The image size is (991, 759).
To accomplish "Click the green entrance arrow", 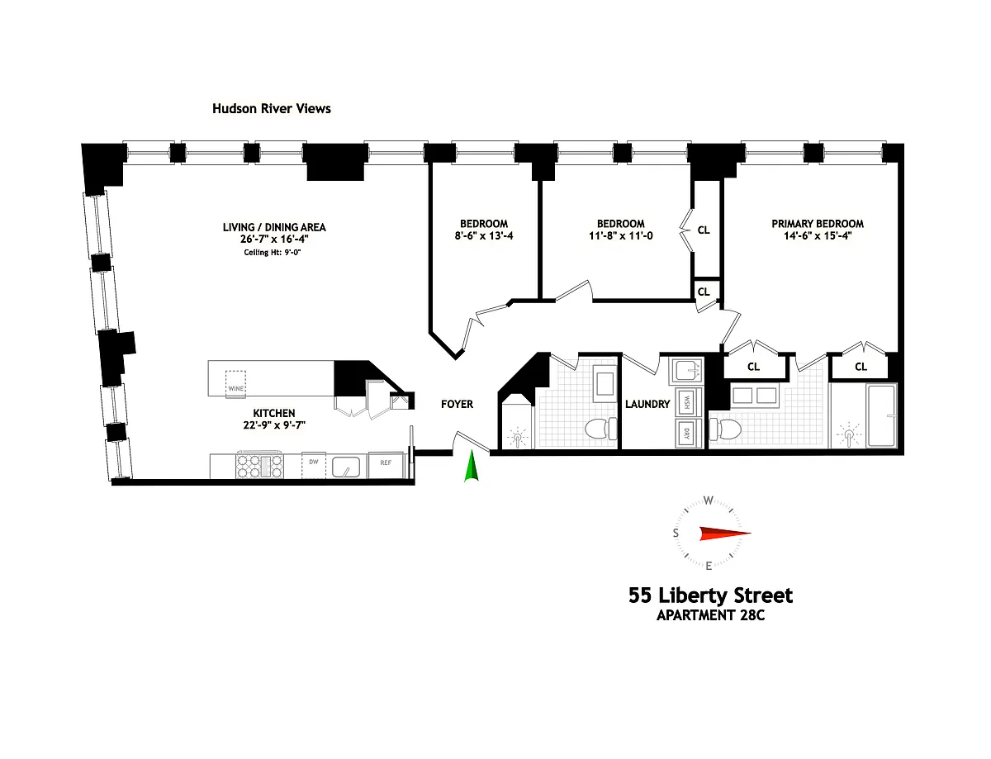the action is pyautogui.click(x=471, y=466).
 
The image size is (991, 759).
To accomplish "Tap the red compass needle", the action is pyautogui.click(x=725, y=534).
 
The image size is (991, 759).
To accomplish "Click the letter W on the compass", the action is pyautogui.click(x=709, y=500).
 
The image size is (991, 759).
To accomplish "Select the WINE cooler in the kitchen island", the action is pyautogui.click(x=236, y=383).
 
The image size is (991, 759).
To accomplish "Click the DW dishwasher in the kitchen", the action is pyautogui.click(x=314, y=465).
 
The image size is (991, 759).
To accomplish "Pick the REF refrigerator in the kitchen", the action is pyautogui.click(x=386, y=465).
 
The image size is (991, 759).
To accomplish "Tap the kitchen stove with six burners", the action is pyautogui.click(x=259, y=465).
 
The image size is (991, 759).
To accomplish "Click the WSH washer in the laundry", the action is pyautogui.click(x=687, y=401).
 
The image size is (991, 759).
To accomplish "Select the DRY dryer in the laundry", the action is pyautogui.click(x=687, y=434).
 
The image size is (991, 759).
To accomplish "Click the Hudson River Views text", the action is pyautogui.click(x=272, y=108).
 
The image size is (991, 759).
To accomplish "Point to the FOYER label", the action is pyautogui.click(x=457, y=404).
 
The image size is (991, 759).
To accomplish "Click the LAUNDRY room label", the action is pyautogui.click(x=647, y=404).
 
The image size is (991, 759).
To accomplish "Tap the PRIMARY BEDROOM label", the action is pyautogui.click(x=818, y=224).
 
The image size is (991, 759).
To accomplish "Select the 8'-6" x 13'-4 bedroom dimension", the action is pyautogui.click(x=484, y=235).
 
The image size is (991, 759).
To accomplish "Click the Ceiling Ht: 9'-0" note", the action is pyautogui.click(x=273, y=252).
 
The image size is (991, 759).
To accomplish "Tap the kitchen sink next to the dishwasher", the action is pyautogui.click(x=346, y=467).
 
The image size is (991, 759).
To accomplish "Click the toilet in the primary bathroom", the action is pyautogui.click(x=725, y=429).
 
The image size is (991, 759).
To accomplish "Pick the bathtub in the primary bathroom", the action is pyautogui.click(x=881, y=415).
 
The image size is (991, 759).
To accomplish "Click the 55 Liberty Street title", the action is pyautogui.click(x=710, y=595).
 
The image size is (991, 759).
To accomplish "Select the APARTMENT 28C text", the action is pyautogui.click(x=710, y=615).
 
